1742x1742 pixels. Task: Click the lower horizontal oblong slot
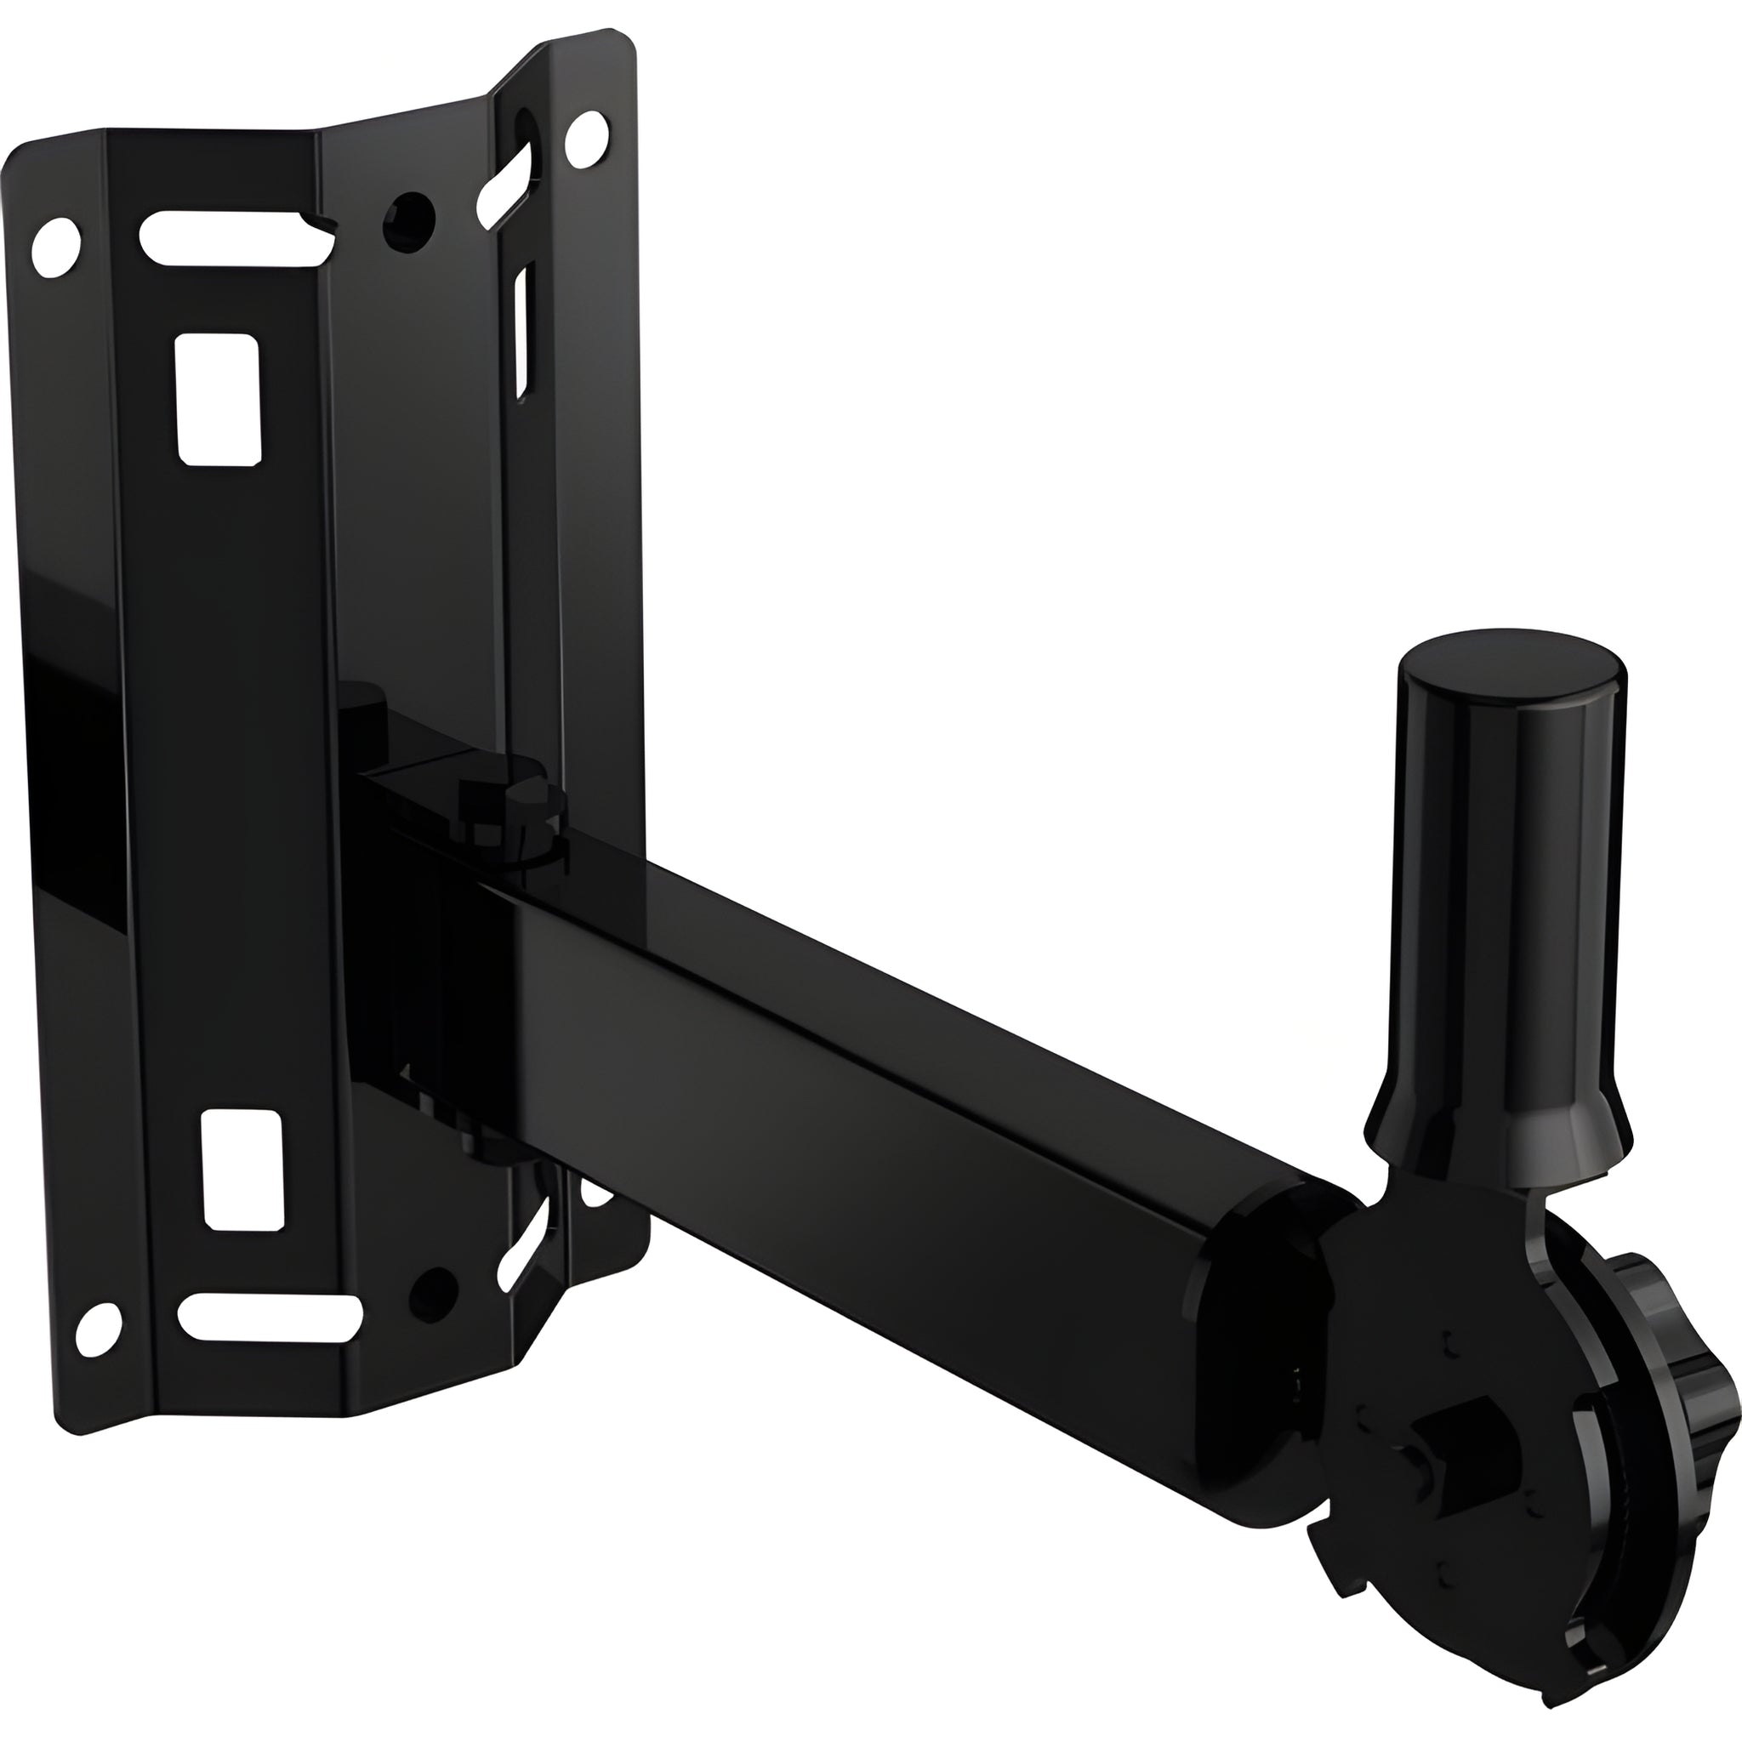click(x=270, y=1318)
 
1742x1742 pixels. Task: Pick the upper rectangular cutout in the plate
click(x=217, y=399)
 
